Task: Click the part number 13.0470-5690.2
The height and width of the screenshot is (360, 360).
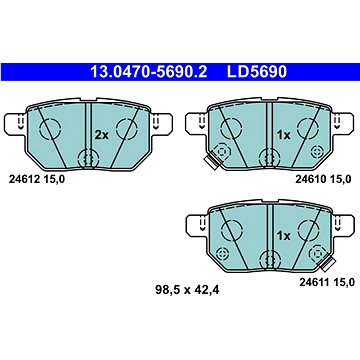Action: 149,72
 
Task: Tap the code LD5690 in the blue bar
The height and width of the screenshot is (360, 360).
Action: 257,72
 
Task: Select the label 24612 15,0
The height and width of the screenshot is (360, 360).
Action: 36,179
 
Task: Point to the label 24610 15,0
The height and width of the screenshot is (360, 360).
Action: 323,179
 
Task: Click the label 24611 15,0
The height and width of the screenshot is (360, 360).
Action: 326,283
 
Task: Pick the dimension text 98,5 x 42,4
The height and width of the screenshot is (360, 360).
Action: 187,290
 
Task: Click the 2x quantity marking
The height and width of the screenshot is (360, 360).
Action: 101,135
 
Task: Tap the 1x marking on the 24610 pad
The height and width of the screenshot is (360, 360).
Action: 283,135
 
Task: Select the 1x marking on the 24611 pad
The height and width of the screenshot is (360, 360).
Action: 283,236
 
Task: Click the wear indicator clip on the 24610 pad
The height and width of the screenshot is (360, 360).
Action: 211,161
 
